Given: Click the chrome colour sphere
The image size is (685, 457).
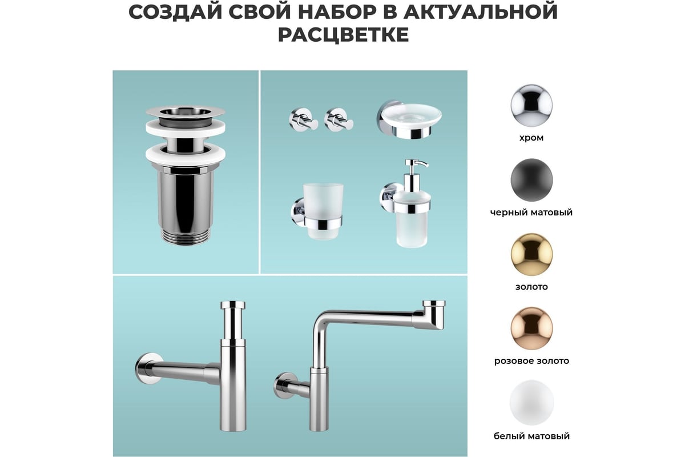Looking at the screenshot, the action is click(x=531, y=105).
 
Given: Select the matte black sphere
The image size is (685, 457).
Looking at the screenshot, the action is click(x=531, y=180).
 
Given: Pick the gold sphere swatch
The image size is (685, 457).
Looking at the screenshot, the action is click(x=531, y=254).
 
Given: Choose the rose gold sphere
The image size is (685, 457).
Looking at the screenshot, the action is click(x=531, y=328).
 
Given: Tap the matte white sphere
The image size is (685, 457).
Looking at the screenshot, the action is click(x=531, y=403).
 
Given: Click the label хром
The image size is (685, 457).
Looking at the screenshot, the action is click(x=531, y=138).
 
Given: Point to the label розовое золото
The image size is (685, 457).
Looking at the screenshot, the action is click(x=531, y=361).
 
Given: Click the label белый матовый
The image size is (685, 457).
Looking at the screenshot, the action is click(x=531, y=436).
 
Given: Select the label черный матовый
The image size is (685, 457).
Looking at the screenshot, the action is click(x=531, y=213).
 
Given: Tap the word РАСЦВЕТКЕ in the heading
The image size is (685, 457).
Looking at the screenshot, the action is click(x=343, y=35).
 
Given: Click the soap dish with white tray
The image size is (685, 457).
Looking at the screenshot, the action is click(x=409, y=119).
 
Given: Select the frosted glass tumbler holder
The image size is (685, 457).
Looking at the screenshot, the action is click(x=317, y=211).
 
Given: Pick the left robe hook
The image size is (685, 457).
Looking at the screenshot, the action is click(x=303, y=119).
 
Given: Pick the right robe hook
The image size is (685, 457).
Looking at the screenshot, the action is click(x=339, y=119).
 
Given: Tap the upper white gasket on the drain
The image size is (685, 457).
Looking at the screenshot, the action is click(x=186, y=128).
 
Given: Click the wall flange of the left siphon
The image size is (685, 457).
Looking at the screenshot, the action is click(x=148, y=369).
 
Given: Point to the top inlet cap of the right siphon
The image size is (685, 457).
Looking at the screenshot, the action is click(x=434, y=304).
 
